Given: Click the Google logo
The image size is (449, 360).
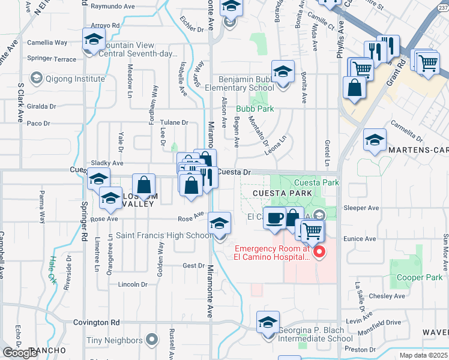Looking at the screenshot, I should [x=20, y=353].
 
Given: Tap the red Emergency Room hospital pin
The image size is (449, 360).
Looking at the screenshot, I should [x=319, y=253].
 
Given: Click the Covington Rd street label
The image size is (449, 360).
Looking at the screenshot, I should [x=97, y=322].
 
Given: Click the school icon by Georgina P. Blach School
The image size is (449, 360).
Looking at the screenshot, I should [x=268, y=323].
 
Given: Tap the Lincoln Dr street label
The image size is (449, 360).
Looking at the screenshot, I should [x=133, y=284].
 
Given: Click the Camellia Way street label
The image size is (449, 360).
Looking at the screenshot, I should [x=47, y=43].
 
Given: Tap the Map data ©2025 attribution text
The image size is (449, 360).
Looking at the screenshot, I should [x=424, y=356].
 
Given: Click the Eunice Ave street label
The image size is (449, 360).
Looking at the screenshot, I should [x=360, y=238].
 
